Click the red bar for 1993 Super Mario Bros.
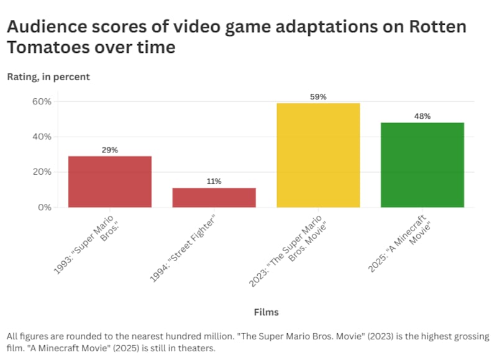[x=109, y=182]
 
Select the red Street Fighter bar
[x=214, y=197]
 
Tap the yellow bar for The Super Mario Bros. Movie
[x=317, y=155]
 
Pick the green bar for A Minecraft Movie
[x=422, y=165]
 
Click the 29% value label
[x=110, y=150]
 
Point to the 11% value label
[x=214, y=182]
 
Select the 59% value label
[x=318, y=97]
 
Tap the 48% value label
[x=422, y=116]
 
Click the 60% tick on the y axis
[x=43, y=101]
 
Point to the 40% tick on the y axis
[x=43, y=137]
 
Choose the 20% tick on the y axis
[x=43, y=172]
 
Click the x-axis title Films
[x=266, y=312]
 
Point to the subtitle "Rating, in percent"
[x=48, y=77]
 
